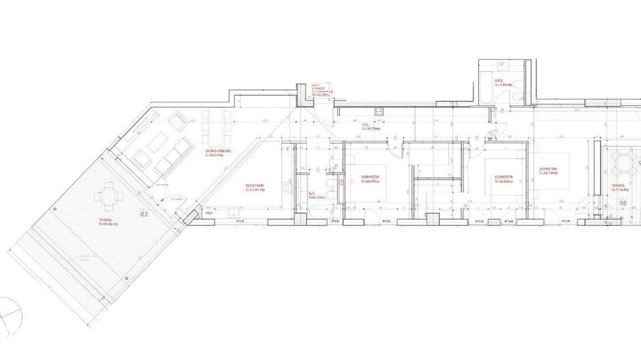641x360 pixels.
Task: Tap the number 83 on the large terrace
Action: point(144,214)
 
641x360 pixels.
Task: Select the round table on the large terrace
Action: point(109,197)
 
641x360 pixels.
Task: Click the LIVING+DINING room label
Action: point(219,153)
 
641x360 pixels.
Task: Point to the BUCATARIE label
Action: point(256,187)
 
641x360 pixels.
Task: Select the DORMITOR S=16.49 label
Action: point(370,180)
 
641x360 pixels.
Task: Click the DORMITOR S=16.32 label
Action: point(504,180)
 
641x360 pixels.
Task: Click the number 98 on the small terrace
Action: point(623,204)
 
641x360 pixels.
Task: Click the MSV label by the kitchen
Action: point(208,213)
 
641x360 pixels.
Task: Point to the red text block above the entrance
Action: point(318,90)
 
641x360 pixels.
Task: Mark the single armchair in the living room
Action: point(176,122)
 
